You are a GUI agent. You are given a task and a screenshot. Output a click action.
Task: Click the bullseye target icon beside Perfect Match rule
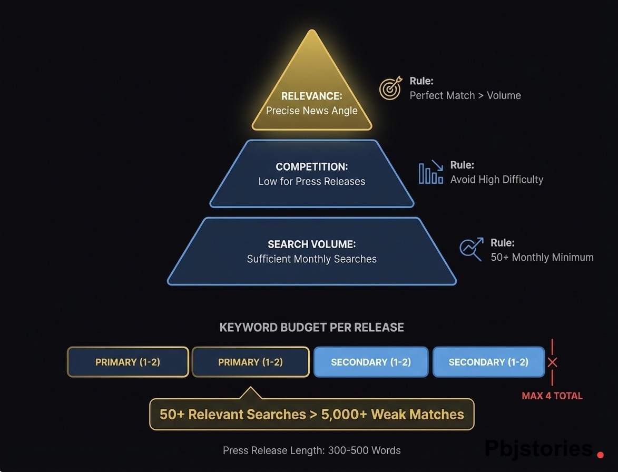coord(390,88)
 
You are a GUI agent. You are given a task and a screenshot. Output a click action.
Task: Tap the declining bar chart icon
coord(430,172)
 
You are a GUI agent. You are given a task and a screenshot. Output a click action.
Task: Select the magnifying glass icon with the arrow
coord(471,249)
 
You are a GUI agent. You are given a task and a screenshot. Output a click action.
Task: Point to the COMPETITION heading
coord(312,166)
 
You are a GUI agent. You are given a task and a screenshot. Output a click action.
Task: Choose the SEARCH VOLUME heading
coord(312,244)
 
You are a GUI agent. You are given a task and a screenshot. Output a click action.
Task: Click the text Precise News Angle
coord(312,111)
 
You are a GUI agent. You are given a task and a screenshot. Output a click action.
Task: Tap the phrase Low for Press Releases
coord(312,181)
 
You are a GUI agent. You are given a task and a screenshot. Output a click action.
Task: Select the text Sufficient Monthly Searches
coord(312,259)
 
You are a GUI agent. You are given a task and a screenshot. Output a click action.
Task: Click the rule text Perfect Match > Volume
coord(465,95)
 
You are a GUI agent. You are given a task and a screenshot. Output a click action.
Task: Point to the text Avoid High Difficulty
coord(496,180)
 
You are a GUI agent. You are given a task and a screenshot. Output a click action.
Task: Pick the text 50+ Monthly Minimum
coord(542,258)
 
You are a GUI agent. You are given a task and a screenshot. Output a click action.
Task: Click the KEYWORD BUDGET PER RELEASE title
coord(311,327)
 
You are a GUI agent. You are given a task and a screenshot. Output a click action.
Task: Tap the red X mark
coord(552,362)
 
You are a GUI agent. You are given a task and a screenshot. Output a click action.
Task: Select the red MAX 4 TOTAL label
coord(552,396)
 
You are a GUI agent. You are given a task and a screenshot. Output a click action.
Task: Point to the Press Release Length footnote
coord(311,450)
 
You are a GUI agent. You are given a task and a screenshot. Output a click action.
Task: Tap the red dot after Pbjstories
coord(601,454)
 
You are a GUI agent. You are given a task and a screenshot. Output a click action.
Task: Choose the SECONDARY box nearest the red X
coord(488,362)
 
